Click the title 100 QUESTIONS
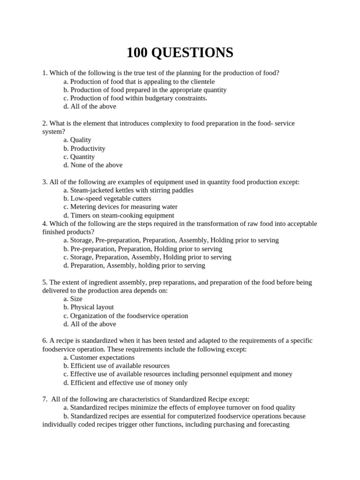(x=180, y=53)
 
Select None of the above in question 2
(x=96, y=165)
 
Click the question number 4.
(x=45, y=224)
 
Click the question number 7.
(x=45, y=399)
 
